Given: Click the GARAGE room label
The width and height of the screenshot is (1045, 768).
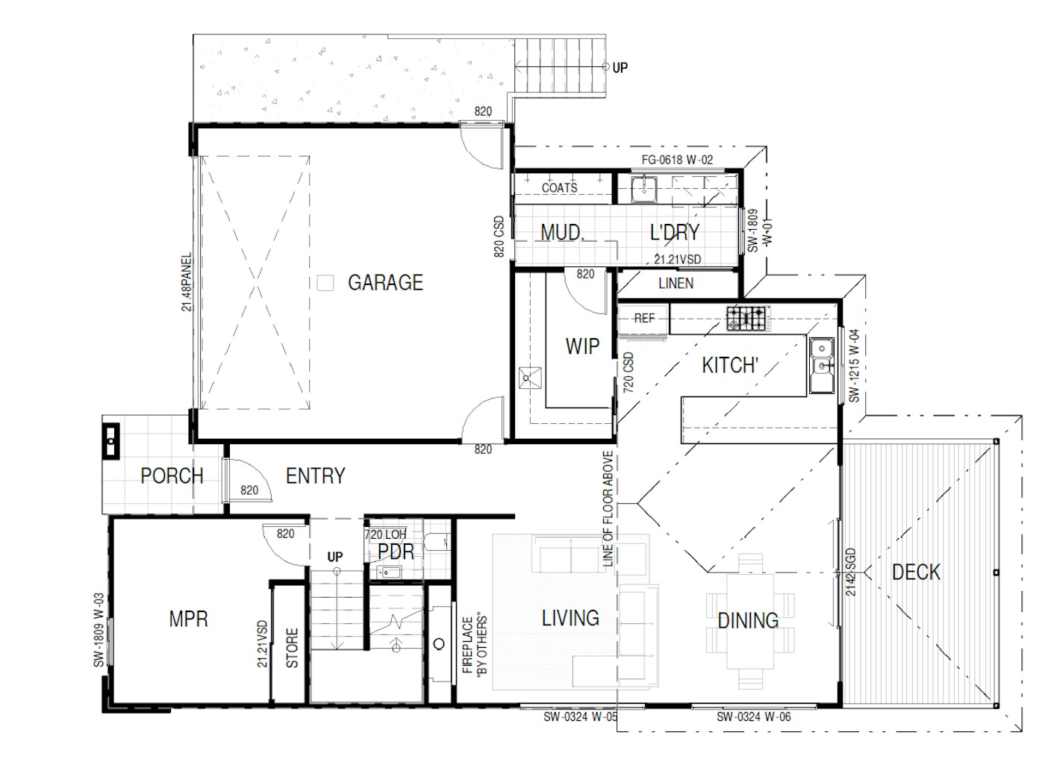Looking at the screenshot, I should (385, 283).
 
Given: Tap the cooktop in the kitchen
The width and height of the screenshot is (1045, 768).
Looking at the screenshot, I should (746, 319).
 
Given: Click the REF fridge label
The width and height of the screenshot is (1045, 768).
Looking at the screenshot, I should (643, 318).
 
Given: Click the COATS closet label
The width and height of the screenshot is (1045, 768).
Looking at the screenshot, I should (559, 188).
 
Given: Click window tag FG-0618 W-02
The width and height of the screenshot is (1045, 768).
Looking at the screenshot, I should (677, 160).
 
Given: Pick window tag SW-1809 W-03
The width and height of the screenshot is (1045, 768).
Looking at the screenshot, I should (98, 630).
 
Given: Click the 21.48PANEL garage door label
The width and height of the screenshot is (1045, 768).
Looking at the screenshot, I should (187, 282).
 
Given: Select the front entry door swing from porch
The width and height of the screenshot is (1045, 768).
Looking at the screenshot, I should (243, 478).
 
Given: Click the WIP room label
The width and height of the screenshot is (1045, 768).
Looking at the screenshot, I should (581, 346).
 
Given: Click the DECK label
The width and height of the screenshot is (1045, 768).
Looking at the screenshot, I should (916, 572).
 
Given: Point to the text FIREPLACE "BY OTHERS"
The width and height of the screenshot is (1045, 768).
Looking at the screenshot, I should (475, 645).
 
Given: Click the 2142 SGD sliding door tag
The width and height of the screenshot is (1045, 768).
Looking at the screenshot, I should (851, 571).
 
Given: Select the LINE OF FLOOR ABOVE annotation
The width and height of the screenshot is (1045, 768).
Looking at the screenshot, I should (608, 511).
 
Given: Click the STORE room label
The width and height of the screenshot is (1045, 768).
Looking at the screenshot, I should (292, 647).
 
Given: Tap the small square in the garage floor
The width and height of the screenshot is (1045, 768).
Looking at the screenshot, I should (325, 283).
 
